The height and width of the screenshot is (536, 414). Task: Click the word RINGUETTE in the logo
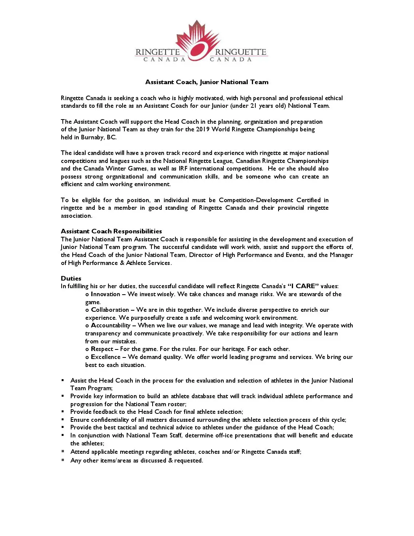(x=240, y=52)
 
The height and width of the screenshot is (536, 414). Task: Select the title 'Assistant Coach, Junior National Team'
(x=207, y=82)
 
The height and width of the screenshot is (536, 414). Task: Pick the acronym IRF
(x=183, y=169)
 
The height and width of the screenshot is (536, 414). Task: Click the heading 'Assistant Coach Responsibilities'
(x=111, y=231)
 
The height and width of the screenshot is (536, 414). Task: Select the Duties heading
(x=71, y=278)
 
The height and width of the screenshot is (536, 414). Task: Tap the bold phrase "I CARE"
(x=303, y=286)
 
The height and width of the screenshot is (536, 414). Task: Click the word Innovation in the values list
(x=105, y=294)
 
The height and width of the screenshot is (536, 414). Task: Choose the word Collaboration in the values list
(x=110, y=310)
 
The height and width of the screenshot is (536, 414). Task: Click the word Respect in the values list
(x=102, y=349)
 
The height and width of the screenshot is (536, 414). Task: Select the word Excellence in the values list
(x=106, y=357)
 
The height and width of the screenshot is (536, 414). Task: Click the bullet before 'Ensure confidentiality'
(x=63, y=420)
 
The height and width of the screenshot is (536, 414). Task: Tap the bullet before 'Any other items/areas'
(x=63, y=460)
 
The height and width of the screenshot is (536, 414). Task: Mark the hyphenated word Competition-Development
(x=256, y=200)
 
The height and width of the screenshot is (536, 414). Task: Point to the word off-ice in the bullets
(x=224, y=435)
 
